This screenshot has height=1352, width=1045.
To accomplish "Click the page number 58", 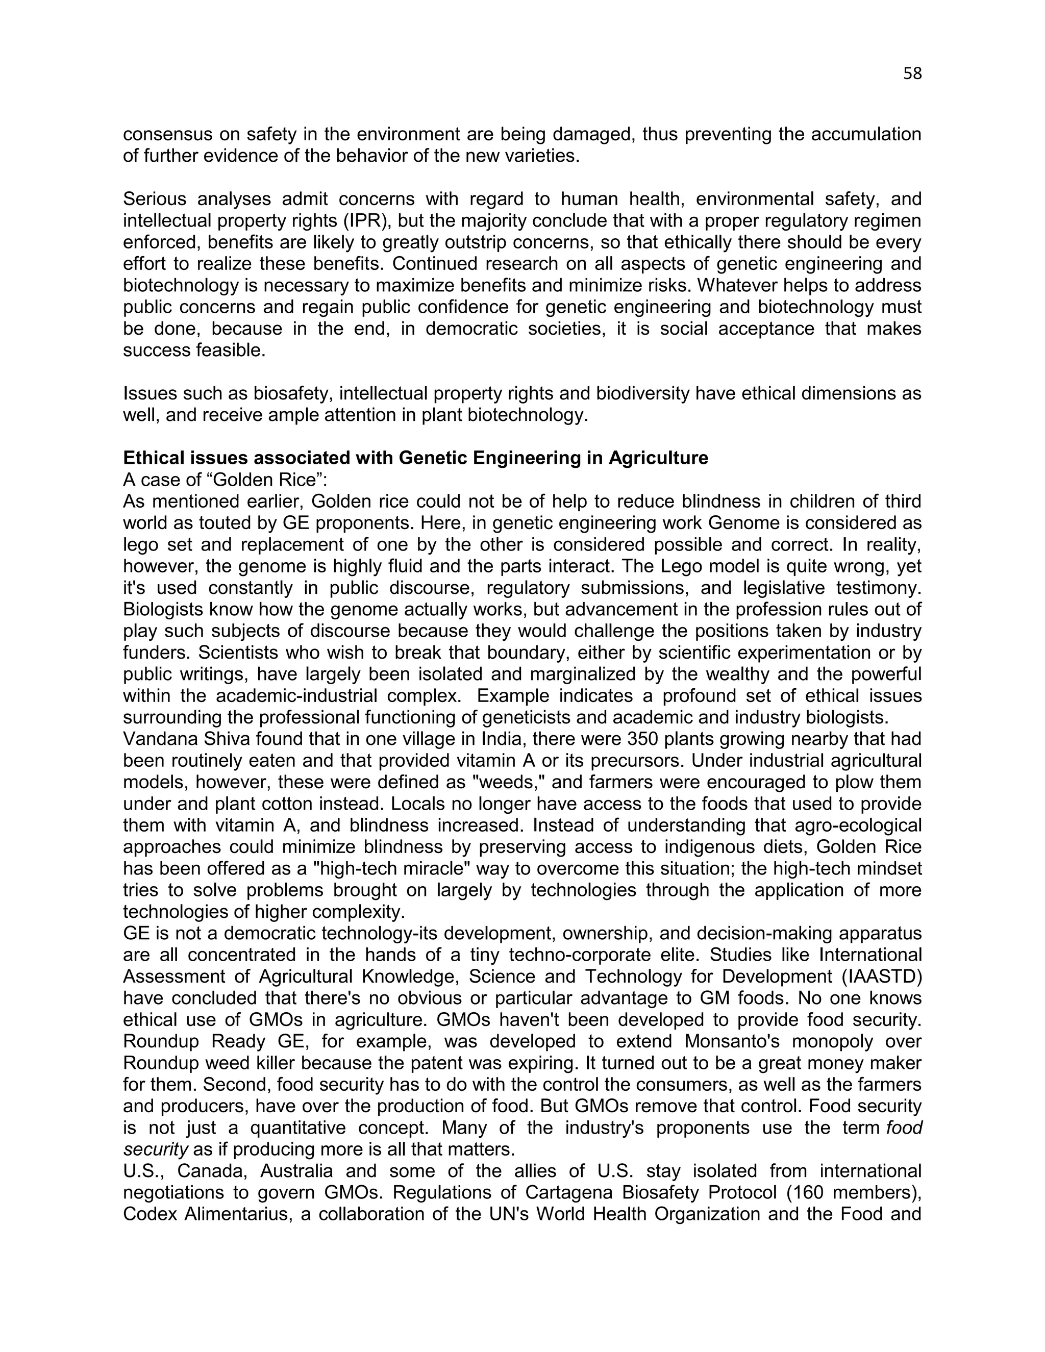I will pyautogui.click(x=912, y=73).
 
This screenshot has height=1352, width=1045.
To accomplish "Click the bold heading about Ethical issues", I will pyautogui.click(x=415, y=458).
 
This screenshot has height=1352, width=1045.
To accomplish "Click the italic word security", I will pyautogui.click(x=156, y=1149).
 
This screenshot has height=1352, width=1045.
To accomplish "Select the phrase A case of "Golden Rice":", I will pyautogui.click(x=225, y=480).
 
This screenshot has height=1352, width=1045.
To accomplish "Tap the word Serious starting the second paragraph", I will pyautogui.click(x=157, y=199).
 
